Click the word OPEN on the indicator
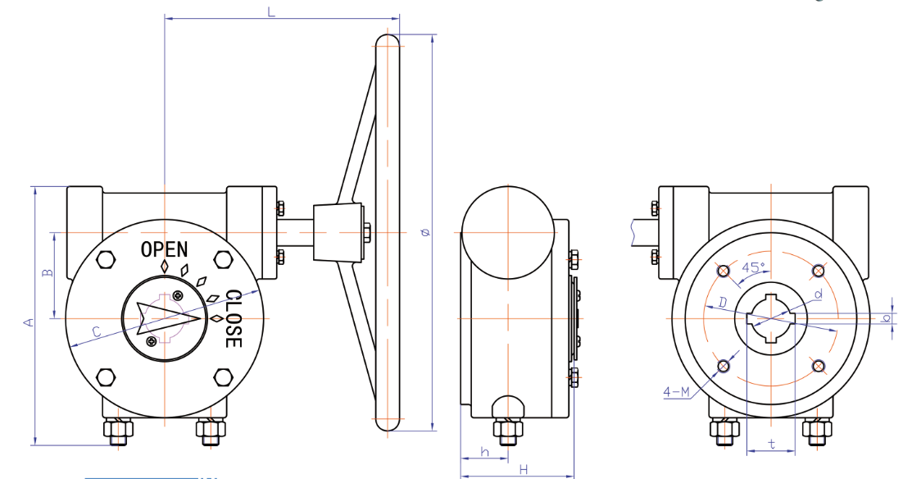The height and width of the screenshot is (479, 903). tap(164, 249)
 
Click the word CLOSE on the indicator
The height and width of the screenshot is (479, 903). tap(233, 318)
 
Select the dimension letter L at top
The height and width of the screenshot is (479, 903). tap(271, 11)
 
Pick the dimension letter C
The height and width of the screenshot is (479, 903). tap(96, 331)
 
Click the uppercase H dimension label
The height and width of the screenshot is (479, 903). tap(522, 468)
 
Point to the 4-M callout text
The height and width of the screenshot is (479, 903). tap(676, 393)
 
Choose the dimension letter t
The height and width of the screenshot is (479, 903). tap(771, 444)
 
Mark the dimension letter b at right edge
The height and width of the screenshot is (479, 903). tap(886, 318)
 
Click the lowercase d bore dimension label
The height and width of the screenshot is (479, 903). tap(816, 293)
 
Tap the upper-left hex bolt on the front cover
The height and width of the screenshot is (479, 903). tap(106, 260)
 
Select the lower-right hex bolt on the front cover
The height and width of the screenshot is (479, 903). tap(222, 377)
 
